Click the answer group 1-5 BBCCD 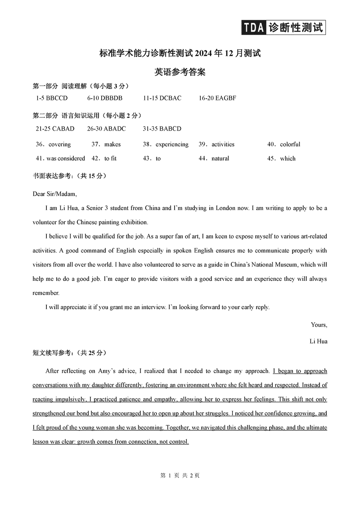(52, 98)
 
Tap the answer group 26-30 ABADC (107, 129)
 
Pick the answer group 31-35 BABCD (162, 129)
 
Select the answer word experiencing (172, 144)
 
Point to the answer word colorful (290, 144)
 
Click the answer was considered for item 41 (66, 158)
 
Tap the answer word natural (220, 158)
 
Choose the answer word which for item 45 (288, 158)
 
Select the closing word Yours (319, 324)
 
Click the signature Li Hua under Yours (318, 341)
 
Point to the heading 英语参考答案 (180, 72)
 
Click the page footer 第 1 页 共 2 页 (180, 475)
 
